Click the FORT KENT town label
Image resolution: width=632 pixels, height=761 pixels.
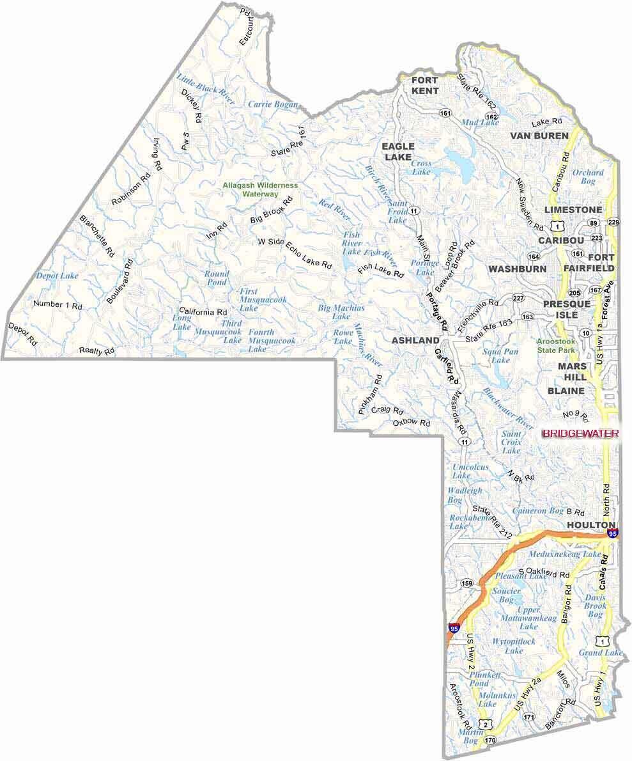pyautogui.click(x=424, y=85)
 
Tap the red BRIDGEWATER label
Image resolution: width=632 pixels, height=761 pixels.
pyautogui.click(x=580, y=433)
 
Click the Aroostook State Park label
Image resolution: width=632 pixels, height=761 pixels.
pyautogui.click(x=555, y=346)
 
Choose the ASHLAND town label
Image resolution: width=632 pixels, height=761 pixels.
pyautogui.click(x=415, y=340)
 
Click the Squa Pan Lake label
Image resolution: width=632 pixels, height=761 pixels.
pyautogui.click(x=500, y=356)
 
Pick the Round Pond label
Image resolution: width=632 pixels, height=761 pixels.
pyautogui.click(x=216, y=278)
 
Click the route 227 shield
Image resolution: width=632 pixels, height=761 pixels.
pyautogui.click(x=518, y=298)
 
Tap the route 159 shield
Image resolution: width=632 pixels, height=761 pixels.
pyautogui.click(x=467, y=583)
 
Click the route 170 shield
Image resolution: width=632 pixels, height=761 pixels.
pyautogui.click(x=489, y=741)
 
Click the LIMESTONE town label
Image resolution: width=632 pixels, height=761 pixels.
pyautogui.click(x=573, y=210)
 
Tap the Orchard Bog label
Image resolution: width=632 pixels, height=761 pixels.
pyautogui.click(x=587, y=177)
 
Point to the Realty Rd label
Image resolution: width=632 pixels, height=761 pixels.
pyautogui.click(x=96, y=350)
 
